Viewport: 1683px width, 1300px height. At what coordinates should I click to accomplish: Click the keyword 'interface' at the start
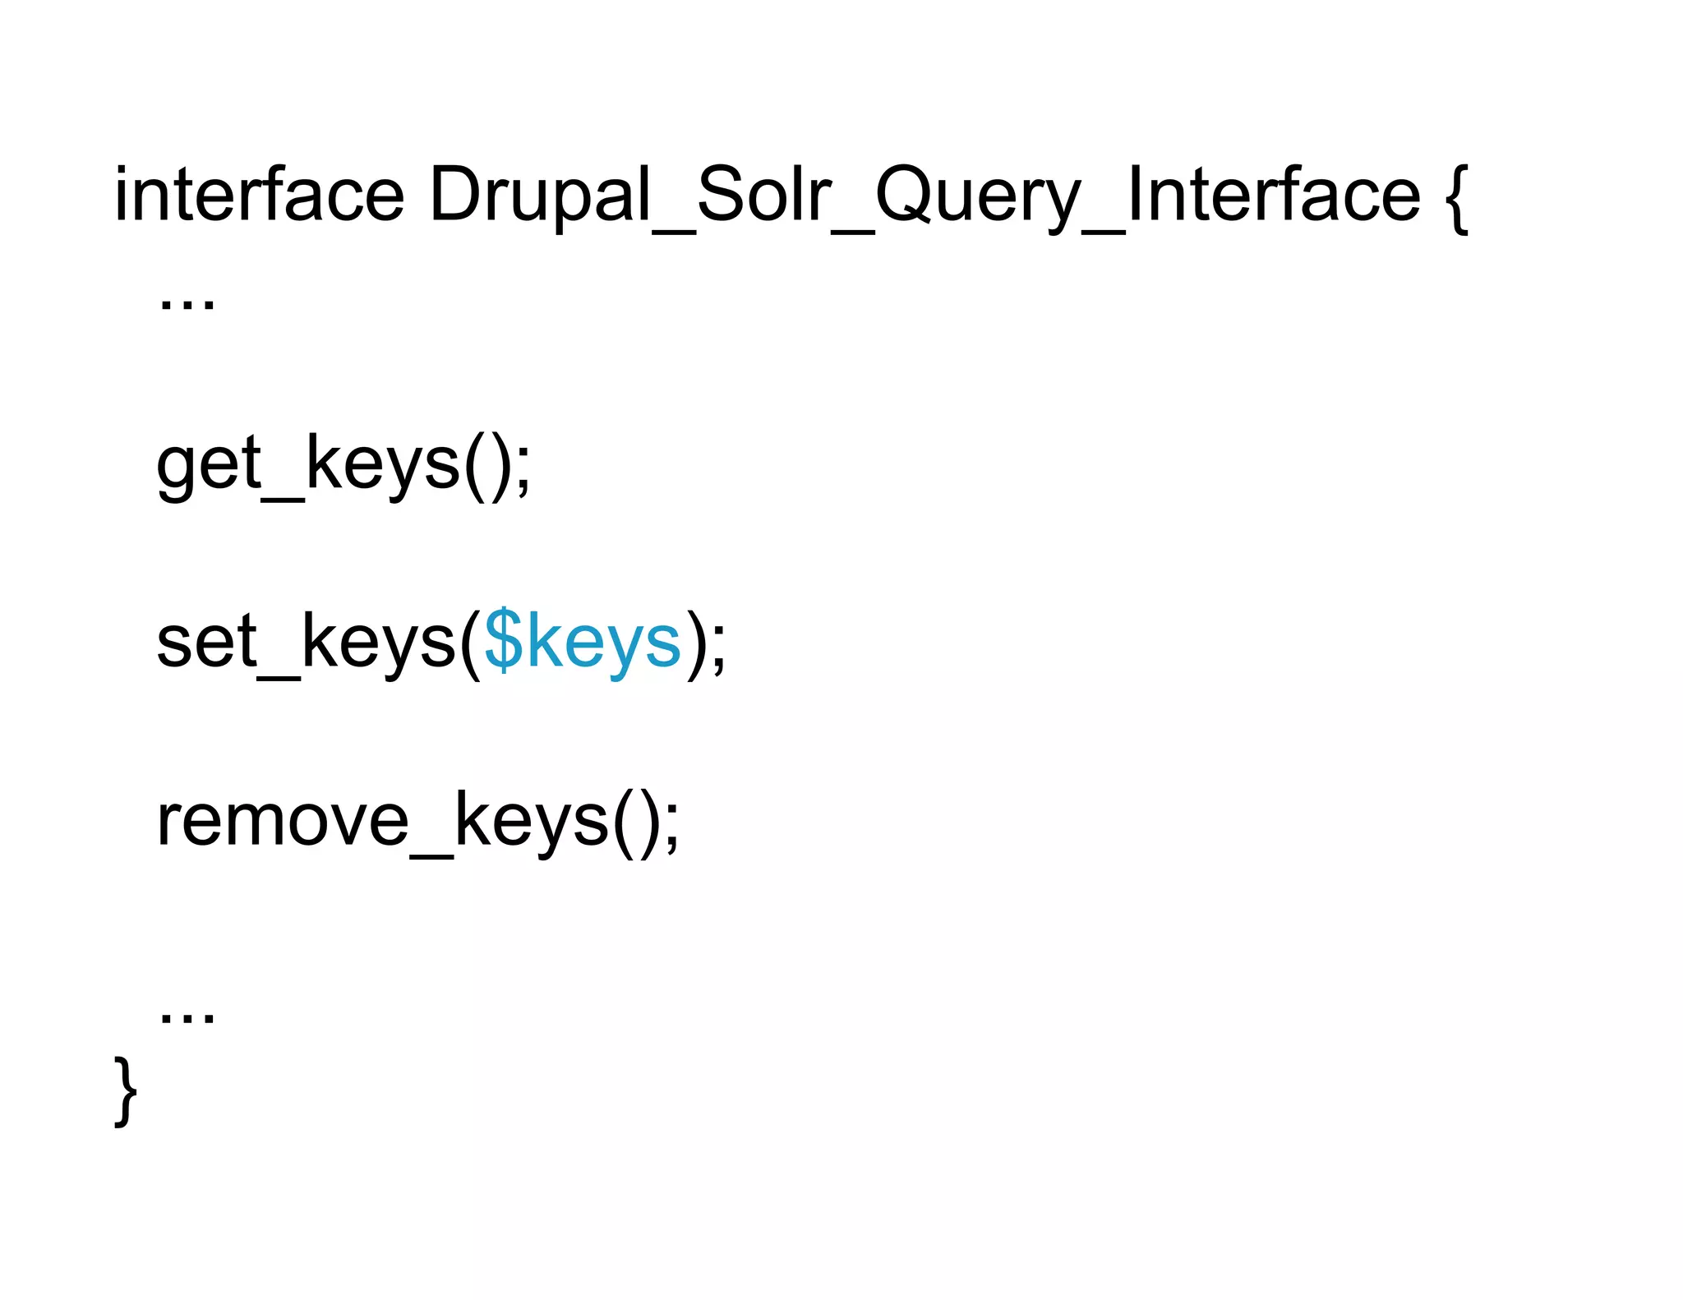point(259,196)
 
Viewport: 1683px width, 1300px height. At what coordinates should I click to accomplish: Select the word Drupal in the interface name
point(539,196)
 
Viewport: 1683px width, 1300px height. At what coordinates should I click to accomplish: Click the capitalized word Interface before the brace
point(1274,196)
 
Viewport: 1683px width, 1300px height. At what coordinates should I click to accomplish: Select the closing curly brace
point(125,1091)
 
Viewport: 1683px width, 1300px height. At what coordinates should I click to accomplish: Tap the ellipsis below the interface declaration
point(187,304)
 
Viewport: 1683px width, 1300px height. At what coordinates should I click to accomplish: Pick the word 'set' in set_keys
point(206,643)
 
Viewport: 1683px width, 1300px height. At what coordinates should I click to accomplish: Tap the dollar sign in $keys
point(503,643)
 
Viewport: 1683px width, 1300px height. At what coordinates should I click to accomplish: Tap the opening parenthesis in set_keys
point(470,645)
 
